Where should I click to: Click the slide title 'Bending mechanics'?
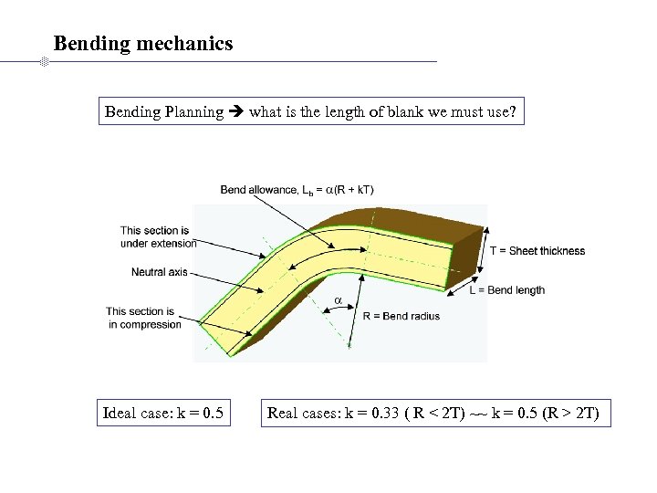coord(143,43)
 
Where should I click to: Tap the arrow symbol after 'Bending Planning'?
coord(236,112)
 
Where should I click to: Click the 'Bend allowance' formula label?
coord(297,190)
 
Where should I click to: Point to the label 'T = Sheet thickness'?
coord(537,251)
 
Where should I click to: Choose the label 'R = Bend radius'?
coord(401,316)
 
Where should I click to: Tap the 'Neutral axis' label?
coord(159,272)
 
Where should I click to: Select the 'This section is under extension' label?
coord(158,236)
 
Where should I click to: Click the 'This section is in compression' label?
coord(143,318)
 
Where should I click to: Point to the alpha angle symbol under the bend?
coord(337,300)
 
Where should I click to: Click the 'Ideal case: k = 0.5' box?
coord(163,413)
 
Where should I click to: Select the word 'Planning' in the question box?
coord(193,112)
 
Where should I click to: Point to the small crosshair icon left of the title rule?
coord(42,62)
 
